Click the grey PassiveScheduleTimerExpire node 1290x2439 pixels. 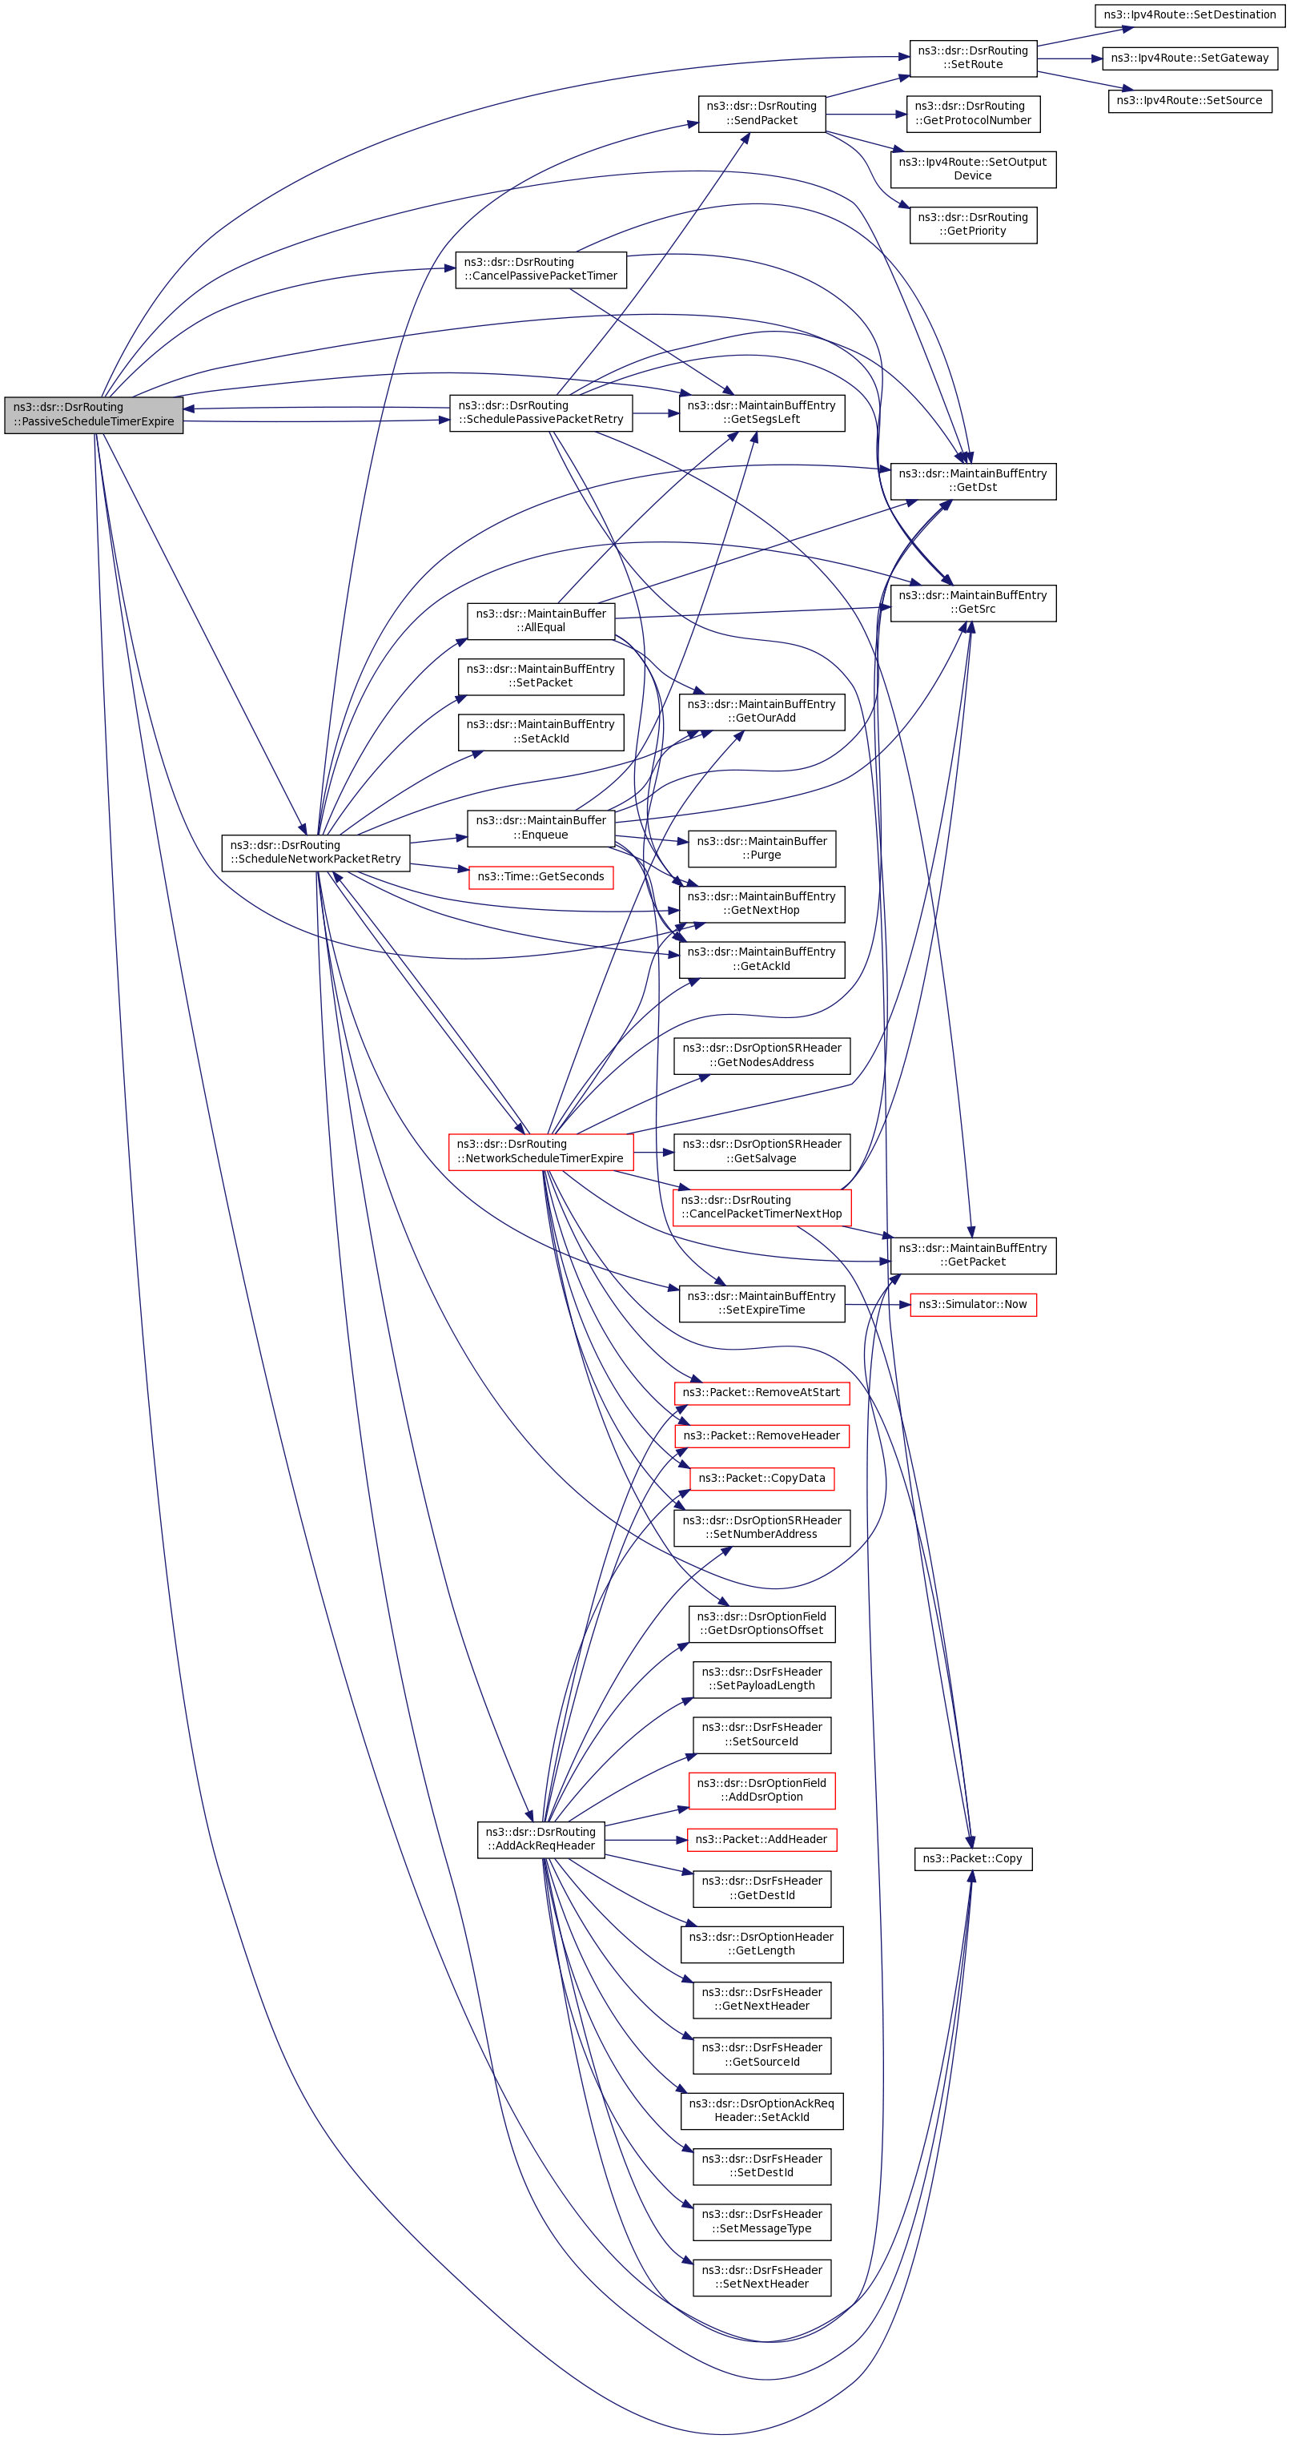(94, 415)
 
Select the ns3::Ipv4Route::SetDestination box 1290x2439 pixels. (1189, 15)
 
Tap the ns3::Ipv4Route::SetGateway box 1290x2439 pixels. (1189, 58)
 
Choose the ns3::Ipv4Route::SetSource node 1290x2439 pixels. (1189, 101)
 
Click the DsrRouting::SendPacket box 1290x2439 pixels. (761, 114)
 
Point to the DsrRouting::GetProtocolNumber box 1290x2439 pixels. (972, 114)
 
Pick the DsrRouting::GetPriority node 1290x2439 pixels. (972, 224)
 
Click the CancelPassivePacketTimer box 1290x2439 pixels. (541, 270)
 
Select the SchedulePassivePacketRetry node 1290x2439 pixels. (541, 413)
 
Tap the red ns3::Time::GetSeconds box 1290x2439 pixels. (541, 878)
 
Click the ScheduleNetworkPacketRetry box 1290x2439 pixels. (315, 852)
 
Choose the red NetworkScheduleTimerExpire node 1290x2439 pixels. (541, 1151)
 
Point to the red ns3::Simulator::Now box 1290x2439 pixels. (972, 1305)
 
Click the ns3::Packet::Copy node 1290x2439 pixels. (972, 1858)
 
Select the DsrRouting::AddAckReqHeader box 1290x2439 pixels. (541, 1839)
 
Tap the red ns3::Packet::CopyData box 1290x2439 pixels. (761, 1478)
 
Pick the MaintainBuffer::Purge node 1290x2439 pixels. (761, 848)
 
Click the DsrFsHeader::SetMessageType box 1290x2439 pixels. (761, 2221)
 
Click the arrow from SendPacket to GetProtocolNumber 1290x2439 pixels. (865, 115)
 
